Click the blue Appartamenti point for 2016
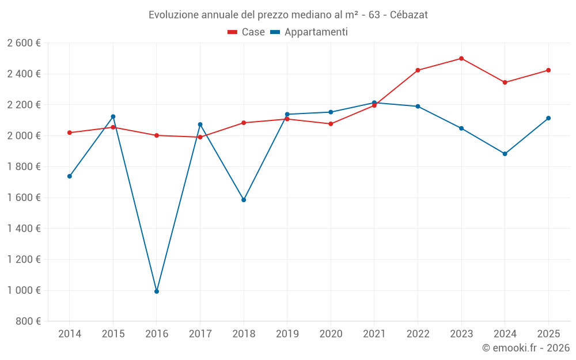point(157,291)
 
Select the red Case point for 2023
point(461,58)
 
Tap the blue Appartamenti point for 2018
point(244,200)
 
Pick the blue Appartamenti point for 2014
point(70,176)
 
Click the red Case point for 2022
point(418,70)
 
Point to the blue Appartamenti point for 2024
point(505,154)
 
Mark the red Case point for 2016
point(157,135)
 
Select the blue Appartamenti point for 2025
point(548,118)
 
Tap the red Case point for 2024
point(505,82)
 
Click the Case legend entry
point(247,32)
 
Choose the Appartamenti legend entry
point(309,32)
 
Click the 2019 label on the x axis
point(287,334)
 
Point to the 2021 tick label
point(374,334)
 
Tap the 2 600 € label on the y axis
point(24,43)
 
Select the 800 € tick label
point(28,321)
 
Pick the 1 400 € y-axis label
point(24,229)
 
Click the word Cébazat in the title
point(408,15)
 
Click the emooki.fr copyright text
point(526,348)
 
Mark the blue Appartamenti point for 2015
point(113,117)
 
